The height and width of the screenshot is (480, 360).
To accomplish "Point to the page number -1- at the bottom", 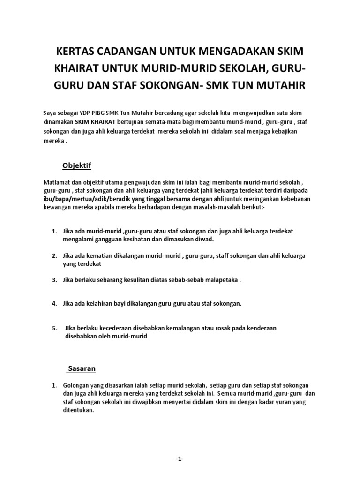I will (180, 458).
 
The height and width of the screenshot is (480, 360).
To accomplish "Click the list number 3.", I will (54, 280).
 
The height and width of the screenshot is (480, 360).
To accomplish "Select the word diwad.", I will (204, 239).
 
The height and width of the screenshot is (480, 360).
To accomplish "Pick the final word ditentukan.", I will (79, 409).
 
